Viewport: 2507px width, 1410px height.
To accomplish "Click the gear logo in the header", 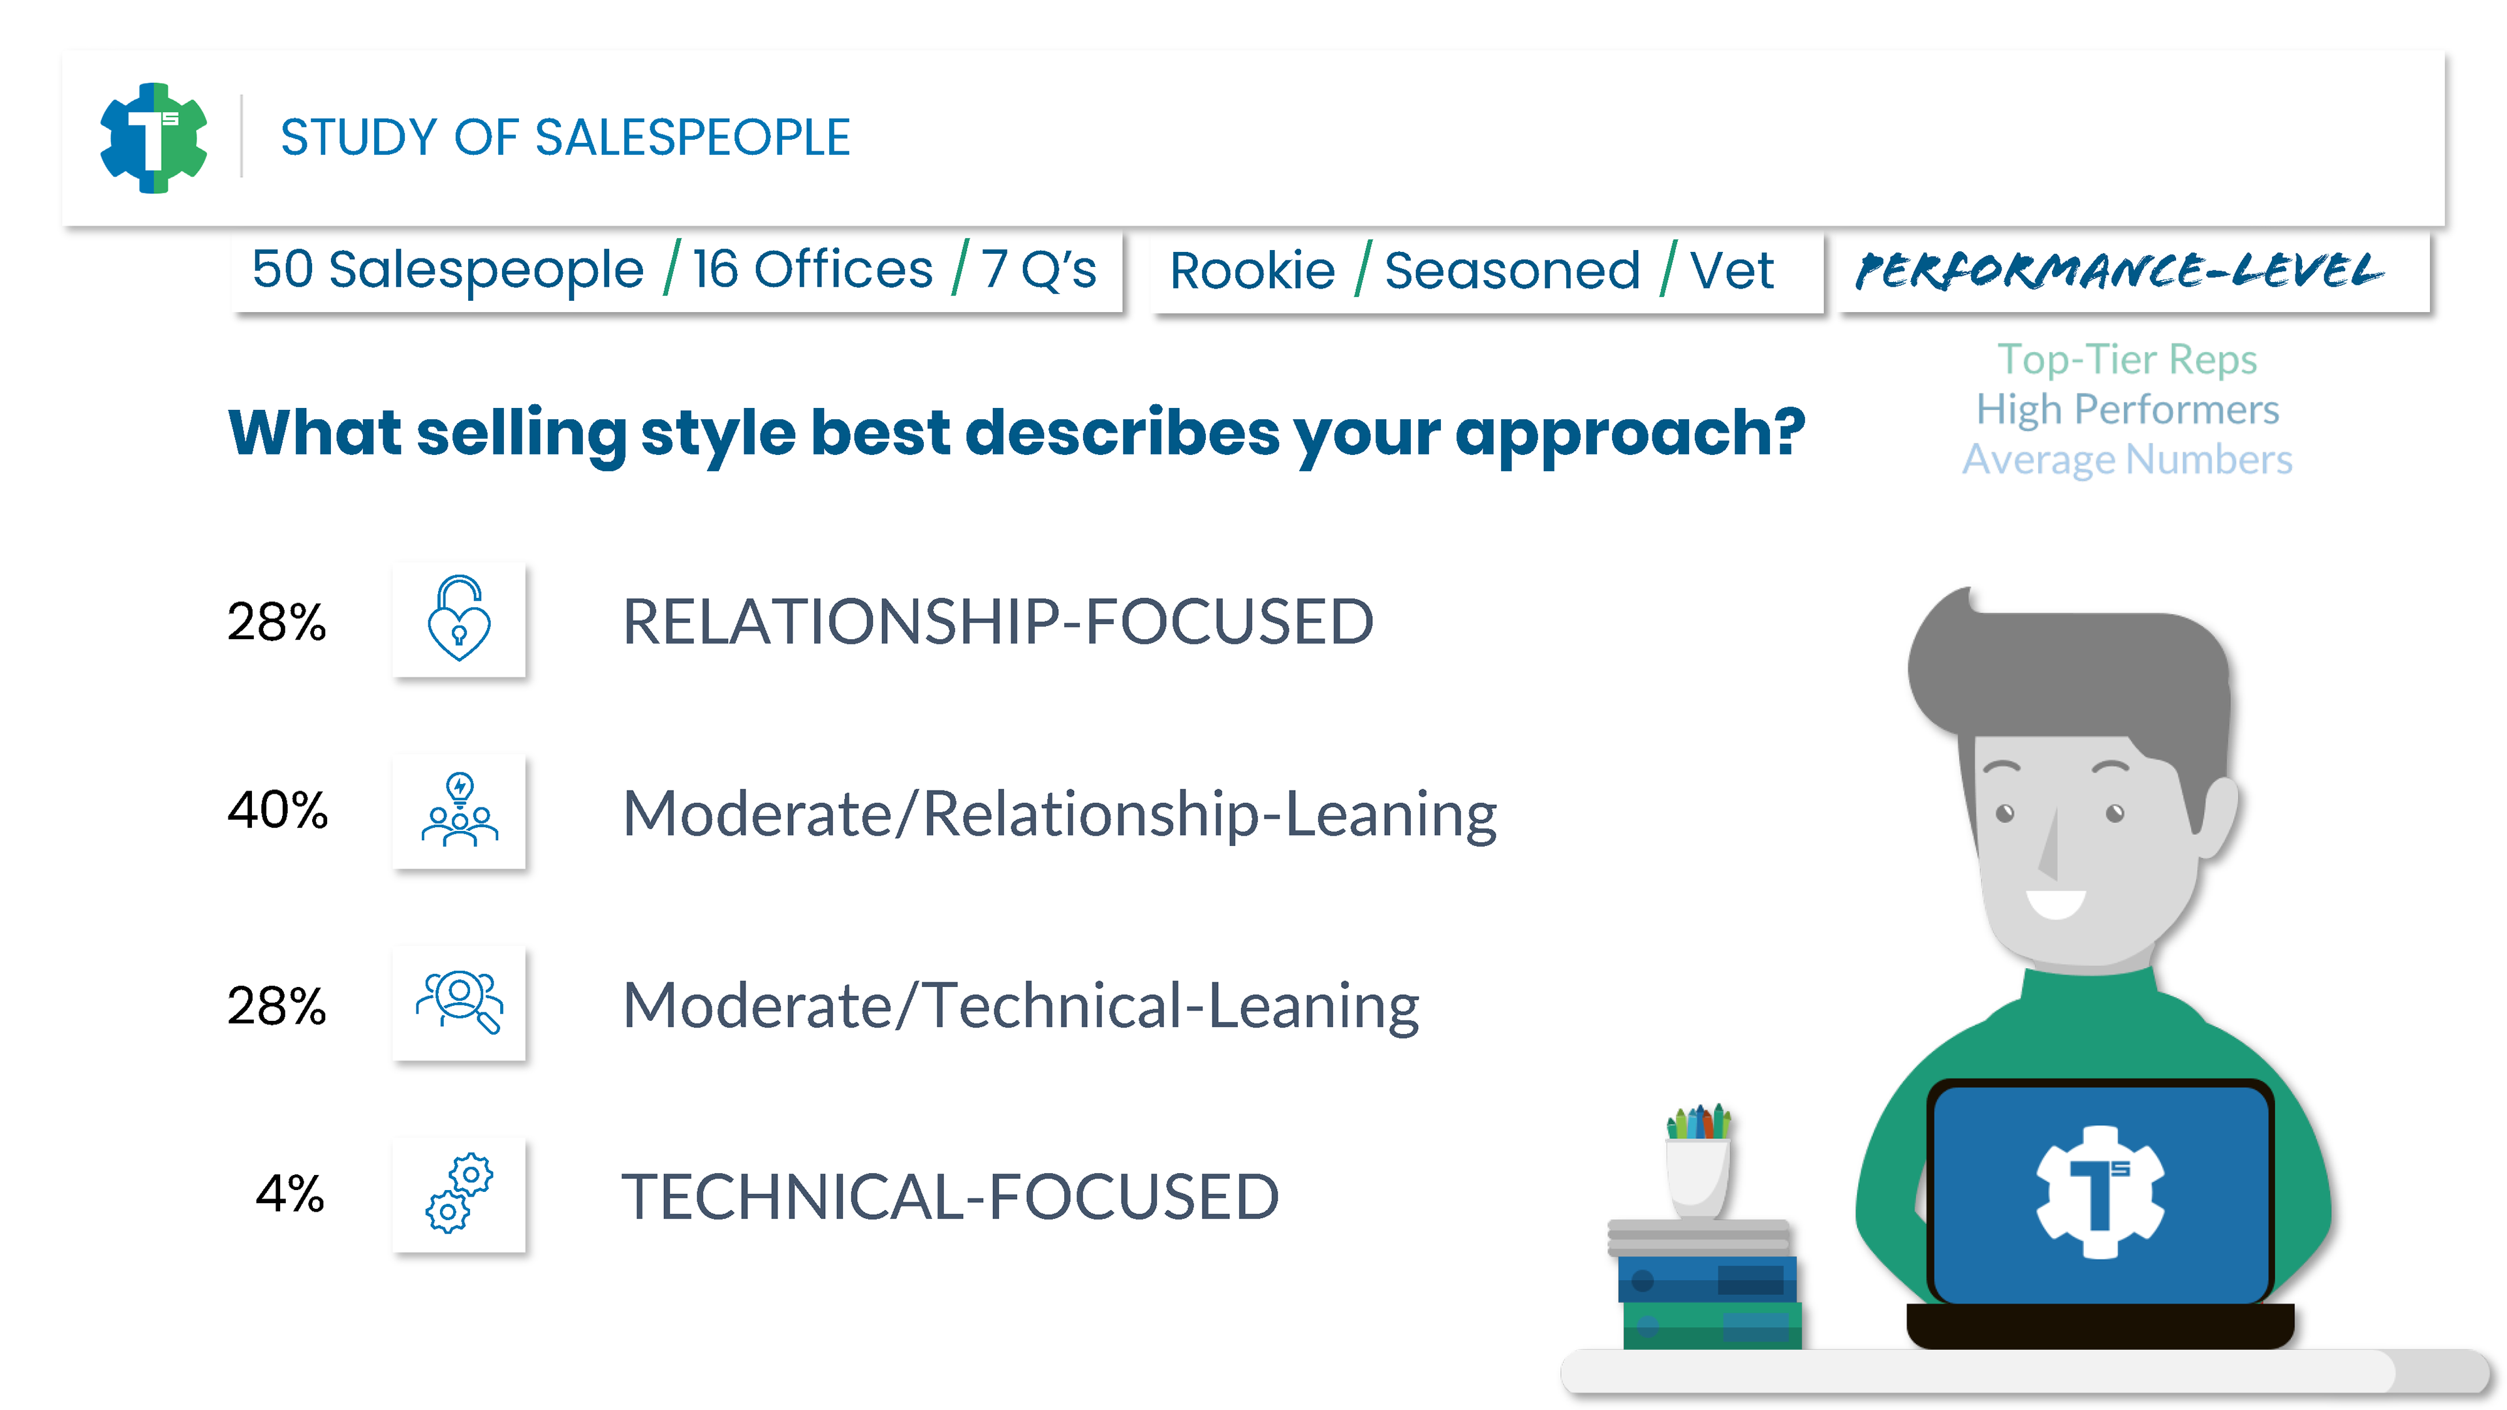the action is point(154,137).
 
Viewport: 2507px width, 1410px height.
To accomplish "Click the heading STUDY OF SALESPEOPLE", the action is point(565,137).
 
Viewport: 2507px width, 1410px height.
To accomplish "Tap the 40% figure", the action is point(277,809).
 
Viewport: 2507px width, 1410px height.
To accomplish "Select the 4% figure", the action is point(289,1193).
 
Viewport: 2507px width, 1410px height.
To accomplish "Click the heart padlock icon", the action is point(460,619).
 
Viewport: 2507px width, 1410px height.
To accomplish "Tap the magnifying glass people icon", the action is point(460,1002).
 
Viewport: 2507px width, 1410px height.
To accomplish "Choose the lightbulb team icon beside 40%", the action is point(460,809).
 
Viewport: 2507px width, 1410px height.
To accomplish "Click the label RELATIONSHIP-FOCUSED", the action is point(998,622).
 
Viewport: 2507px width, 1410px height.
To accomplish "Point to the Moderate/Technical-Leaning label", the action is point(1021,1006).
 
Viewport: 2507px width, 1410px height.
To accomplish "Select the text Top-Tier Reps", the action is point(2128,360).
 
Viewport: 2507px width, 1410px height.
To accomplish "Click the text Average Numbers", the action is point(2128,460).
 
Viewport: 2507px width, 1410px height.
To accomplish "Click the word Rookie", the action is point(1253,270).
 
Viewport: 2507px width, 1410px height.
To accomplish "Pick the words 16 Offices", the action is point(813,270).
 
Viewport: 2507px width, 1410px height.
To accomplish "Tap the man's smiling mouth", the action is point(2057,903).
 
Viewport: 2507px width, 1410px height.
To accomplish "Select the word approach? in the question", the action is point(1630,434).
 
